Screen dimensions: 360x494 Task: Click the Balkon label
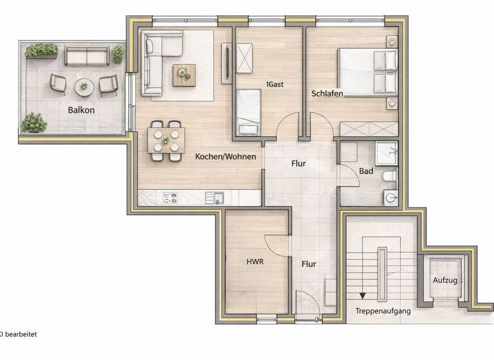(82, 110)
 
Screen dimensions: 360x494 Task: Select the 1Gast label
(275, 84)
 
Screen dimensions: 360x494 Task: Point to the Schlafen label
(327, 93)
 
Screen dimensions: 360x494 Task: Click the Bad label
(366, 171)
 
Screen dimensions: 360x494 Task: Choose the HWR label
(255, 262)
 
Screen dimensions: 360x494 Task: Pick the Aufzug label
(444, 281)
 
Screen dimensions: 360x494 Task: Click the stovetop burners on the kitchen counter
(170, 198)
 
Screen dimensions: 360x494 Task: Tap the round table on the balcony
(83, 85)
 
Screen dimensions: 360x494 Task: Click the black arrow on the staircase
(363, 296)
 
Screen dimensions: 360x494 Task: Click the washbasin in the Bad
(390, 196)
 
